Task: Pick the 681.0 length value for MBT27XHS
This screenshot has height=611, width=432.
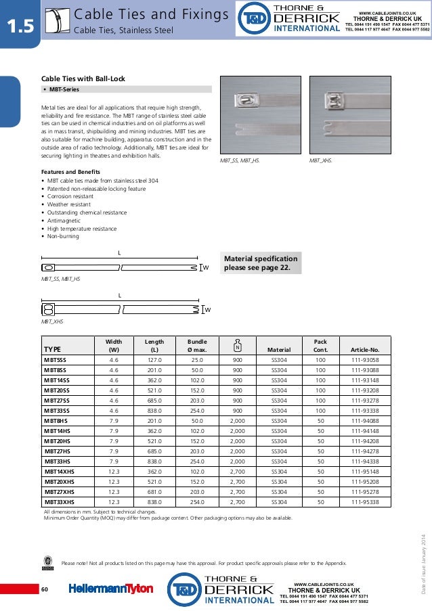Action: [x=154, y=493]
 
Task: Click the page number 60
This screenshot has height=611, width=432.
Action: [x=45, y=590]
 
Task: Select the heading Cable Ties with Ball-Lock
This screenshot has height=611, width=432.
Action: [x=84, y=79]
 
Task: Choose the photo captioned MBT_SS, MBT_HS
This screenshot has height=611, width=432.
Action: [x=260, y=115]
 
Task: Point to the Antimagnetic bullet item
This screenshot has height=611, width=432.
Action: [x=63, y=221]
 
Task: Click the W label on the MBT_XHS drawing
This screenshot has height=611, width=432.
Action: [x=208, y=309]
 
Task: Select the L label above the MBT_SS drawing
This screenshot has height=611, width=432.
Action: [x=119, y=254]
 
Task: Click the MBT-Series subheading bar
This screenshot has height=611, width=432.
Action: [x=126, y=89]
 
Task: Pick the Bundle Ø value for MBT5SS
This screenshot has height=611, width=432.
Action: [x=197, y=361]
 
